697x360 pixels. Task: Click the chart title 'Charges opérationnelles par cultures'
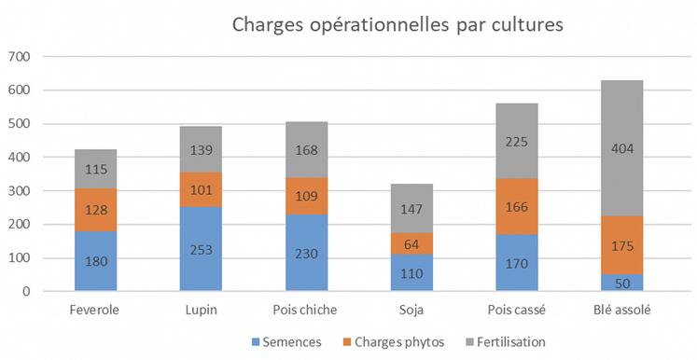point(397,24)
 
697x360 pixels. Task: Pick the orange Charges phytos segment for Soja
point(411,244)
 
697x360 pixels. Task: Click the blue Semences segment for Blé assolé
point(622,283)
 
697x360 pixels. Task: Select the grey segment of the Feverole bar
point(95,169)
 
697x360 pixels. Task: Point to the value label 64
point(411,244)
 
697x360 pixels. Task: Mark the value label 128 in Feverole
point(95,211)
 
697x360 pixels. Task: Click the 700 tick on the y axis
point(20,58)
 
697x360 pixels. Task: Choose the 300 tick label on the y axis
point(20,191)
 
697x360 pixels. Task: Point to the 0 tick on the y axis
point(27,292)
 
